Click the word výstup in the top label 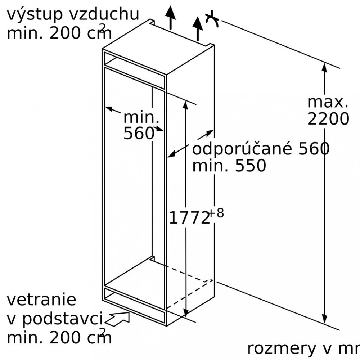coord(35,15)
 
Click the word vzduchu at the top coord(104,14)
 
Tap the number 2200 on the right coord(328,119)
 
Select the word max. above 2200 coord(328,102)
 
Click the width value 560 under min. coord(139,133)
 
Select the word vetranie coord(41,300)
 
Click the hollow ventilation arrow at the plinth coord(117,319)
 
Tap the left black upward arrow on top coord(170,17)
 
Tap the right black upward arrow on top coord(198,28)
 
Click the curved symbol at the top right coord(212,19)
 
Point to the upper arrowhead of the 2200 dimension coord(324,68)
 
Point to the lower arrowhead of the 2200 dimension coord(324,319)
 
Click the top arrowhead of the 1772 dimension coord(185,105)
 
